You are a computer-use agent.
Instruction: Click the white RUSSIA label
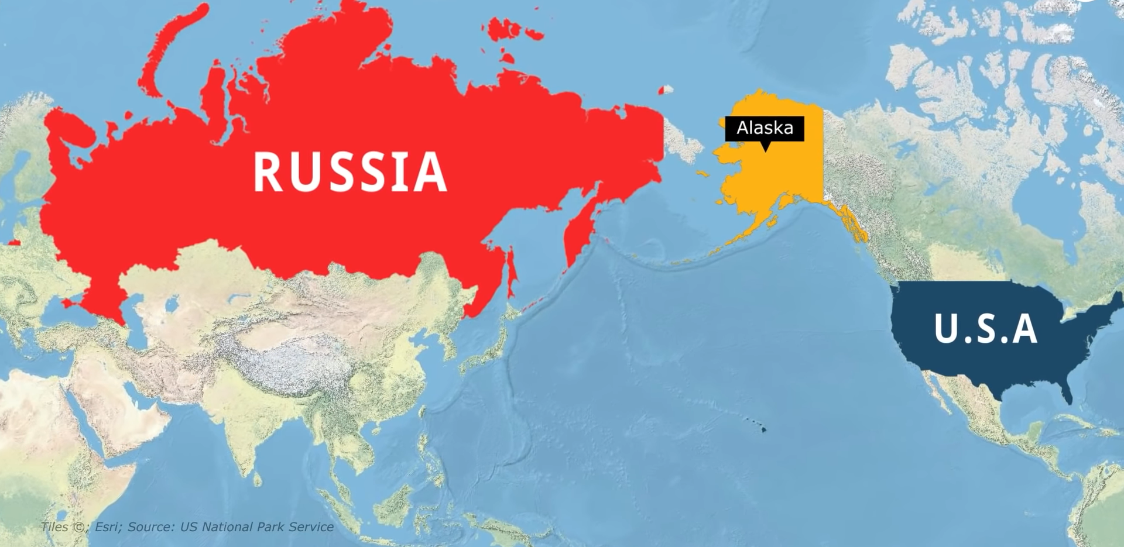350,172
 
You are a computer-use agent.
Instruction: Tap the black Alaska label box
765,128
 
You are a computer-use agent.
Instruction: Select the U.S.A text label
986,329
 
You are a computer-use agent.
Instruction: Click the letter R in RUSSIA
268,172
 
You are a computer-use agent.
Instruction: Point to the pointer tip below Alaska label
765,150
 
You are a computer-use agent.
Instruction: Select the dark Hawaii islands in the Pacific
762,429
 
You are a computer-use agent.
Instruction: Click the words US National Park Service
256,527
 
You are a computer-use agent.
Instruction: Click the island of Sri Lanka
258,480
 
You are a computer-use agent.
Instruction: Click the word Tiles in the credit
54,527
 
